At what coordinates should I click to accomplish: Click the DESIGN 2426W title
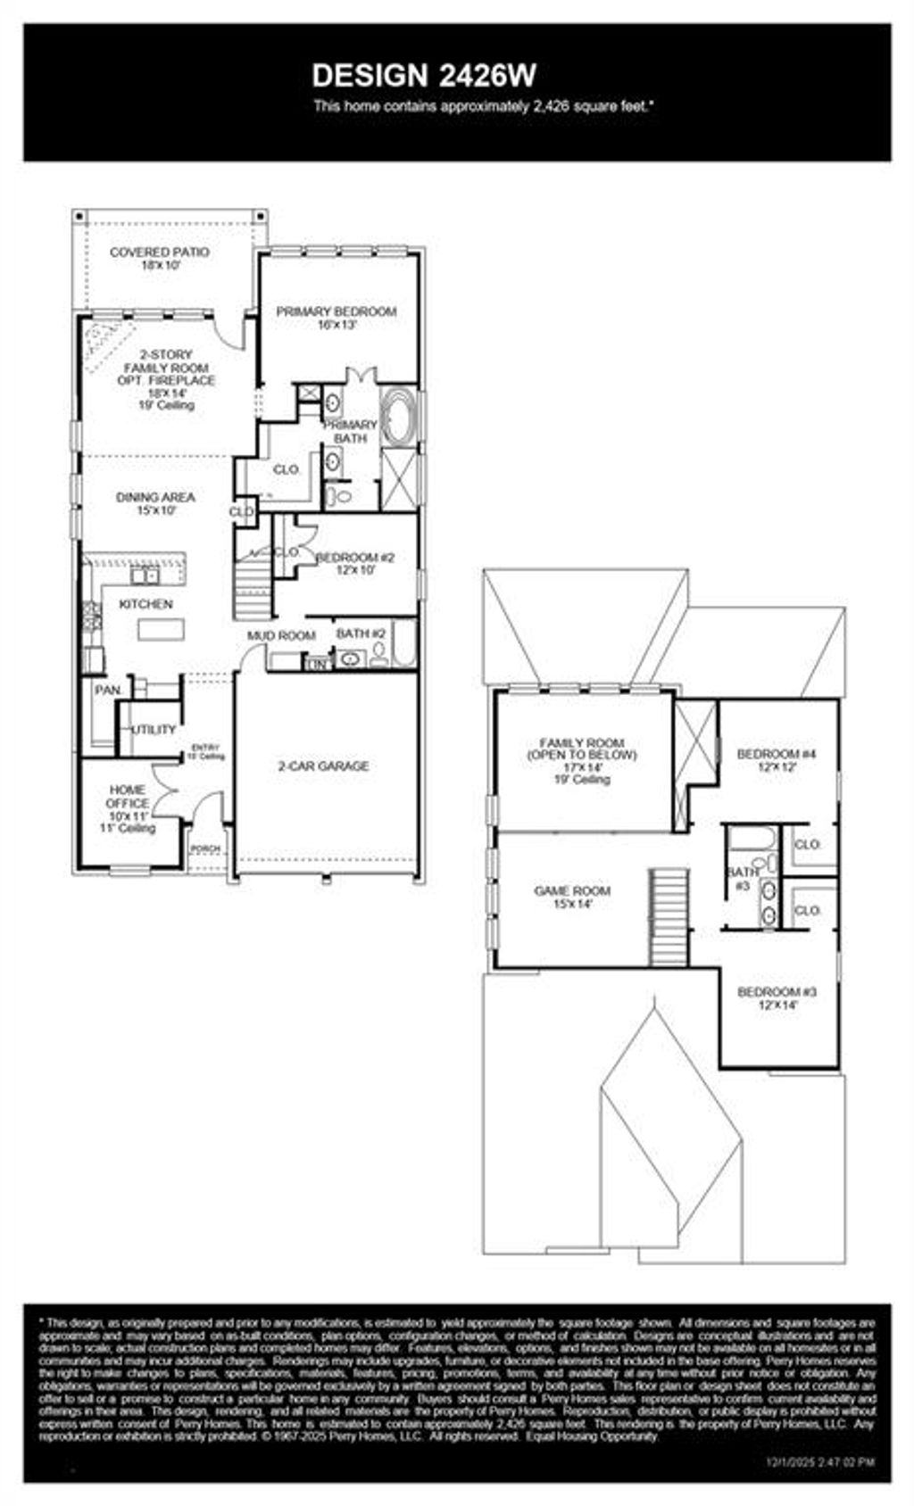point(424,75)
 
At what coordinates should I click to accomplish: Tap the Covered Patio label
point(160,258)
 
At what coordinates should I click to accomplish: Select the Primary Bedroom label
point(336,318)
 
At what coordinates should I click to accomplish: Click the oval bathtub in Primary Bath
point(395,417)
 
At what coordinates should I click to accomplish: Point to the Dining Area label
point(155,503)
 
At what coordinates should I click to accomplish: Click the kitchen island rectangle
point(162,630)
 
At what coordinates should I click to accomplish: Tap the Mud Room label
point(281,635)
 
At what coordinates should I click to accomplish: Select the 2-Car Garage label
point(323,765)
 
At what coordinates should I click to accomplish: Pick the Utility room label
point(154,729)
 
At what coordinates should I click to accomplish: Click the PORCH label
point(205,848)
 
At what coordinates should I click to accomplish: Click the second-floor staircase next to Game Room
point(669,917)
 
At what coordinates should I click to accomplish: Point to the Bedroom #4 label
point(777,759)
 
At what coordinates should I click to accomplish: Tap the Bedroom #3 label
point(777,997)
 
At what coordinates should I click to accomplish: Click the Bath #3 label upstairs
point(743,878)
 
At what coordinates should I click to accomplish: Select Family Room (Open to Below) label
point(581,760)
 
